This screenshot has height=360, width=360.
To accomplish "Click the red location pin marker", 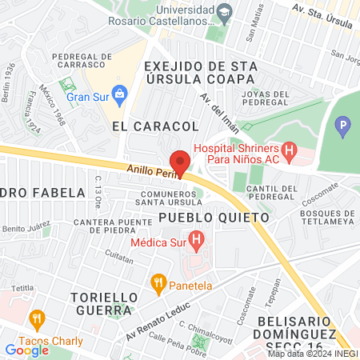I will pyautogui.click(x=180, y=162).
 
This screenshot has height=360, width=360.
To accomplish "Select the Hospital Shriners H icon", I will pyautogui.click(x=289, y=150).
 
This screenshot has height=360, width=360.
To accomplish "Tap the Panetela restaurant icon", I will pyautogui.click(x=158, y=282).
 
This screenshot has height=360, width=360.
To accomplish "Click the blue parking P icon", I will pyautogui.click(x=342, y=125).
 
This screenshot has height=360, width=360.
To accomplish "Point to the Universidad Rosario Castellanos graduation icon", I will pyautogui.click(x=225, y=10).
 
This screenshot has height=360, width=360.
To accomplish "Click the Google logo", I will pyautogui.click(x=26, y=350).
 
